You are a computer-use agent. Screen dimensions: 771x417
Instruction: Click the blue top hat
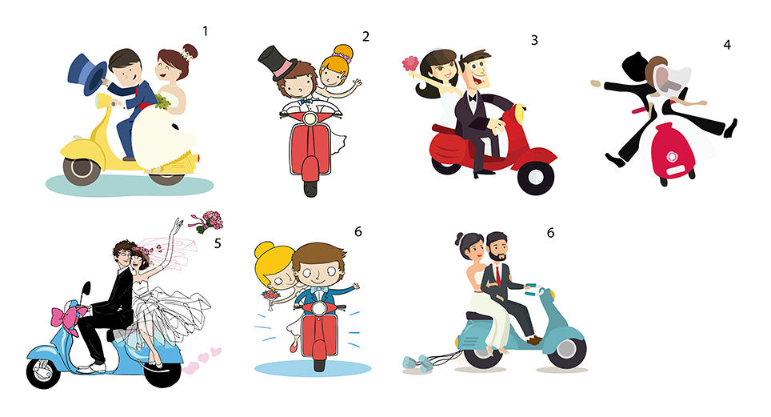coord(88,73)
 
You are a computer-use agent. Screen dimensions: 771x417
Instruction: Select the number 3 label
coord(534,40)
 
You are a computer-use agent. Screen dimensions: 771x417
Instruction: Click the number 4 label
coord(727,45)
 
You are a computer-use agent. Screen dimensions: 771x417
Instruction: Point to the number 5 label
coord(218,243)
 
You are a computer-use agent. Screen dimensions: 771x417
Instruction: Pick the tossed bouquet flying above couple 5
coord(207,222)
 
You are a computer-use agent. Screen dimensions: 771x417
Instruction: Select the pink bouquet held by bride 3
coord(410,64)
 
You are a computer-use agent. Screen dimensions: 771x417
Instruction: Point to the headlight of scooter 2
coord(310,118)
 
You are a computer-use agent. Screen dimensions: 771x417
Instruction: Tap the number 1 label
coord(205,31)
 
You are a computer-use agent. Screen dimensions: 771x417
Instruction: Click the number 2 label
coord(366,37)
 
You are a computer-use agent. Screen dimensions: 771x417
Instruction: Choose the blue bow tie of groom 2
coord(306,102)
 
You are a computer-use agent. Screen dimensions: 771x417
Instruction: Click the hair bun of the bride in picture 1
coord(190,51)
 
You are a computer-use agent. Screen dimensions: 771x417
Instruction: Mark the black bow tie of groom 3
coord(473,98)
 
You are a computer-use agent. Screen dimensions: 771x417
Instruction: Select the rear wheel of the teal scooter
coord(482,353)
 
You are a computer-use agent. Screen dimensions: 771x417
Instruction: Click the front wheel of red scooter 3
coord(536,177)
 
